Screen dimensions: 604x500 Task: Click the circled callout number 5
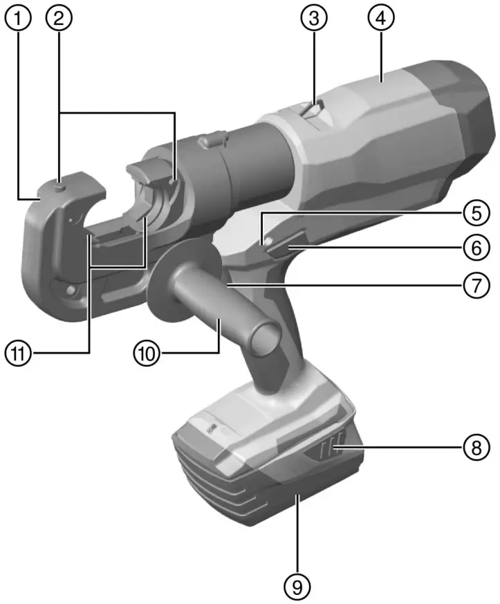point(473,212)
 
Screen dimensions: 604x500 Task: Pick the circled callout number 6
point(473,246)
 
